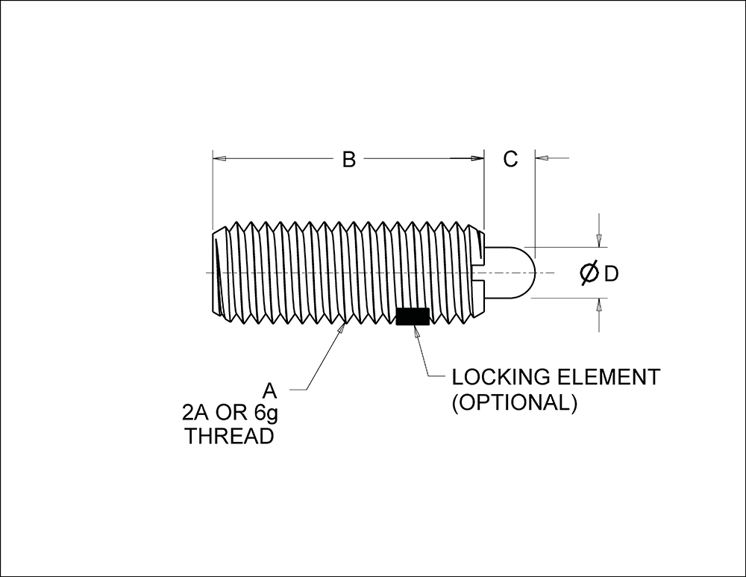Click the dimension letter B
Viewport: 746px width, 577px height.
[x=348, y=160]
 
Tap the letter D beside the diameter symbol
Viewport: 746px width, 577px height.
[x=612, y=274]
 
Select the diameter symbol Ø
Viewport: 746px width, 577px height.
[x=589, y=273]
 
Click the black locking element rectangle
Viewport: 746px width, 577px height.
[x=413, y=316]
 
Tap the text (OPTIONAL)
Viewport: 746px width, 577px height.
[x=514, y=403]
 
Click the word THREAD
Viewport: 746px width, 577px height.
[x=229, y=436]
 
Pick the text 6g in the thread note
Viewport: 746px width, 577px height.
[x=266, y=414]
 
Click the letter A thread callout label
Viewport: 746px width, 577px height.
[x=270, y=391]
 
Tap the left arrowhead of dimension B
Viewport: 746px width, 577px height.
[x=219, y=158]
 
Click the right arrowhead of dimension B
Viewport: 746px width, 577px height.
[x=477, y=158]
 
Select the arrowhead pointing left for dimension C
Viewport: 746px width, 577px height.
[x=542, y=157]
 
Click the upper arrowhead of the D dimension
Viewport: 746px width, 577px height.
[x=599, y=241]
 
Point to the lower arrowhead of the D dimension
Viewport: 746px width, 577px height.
[x=599, y=305]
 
